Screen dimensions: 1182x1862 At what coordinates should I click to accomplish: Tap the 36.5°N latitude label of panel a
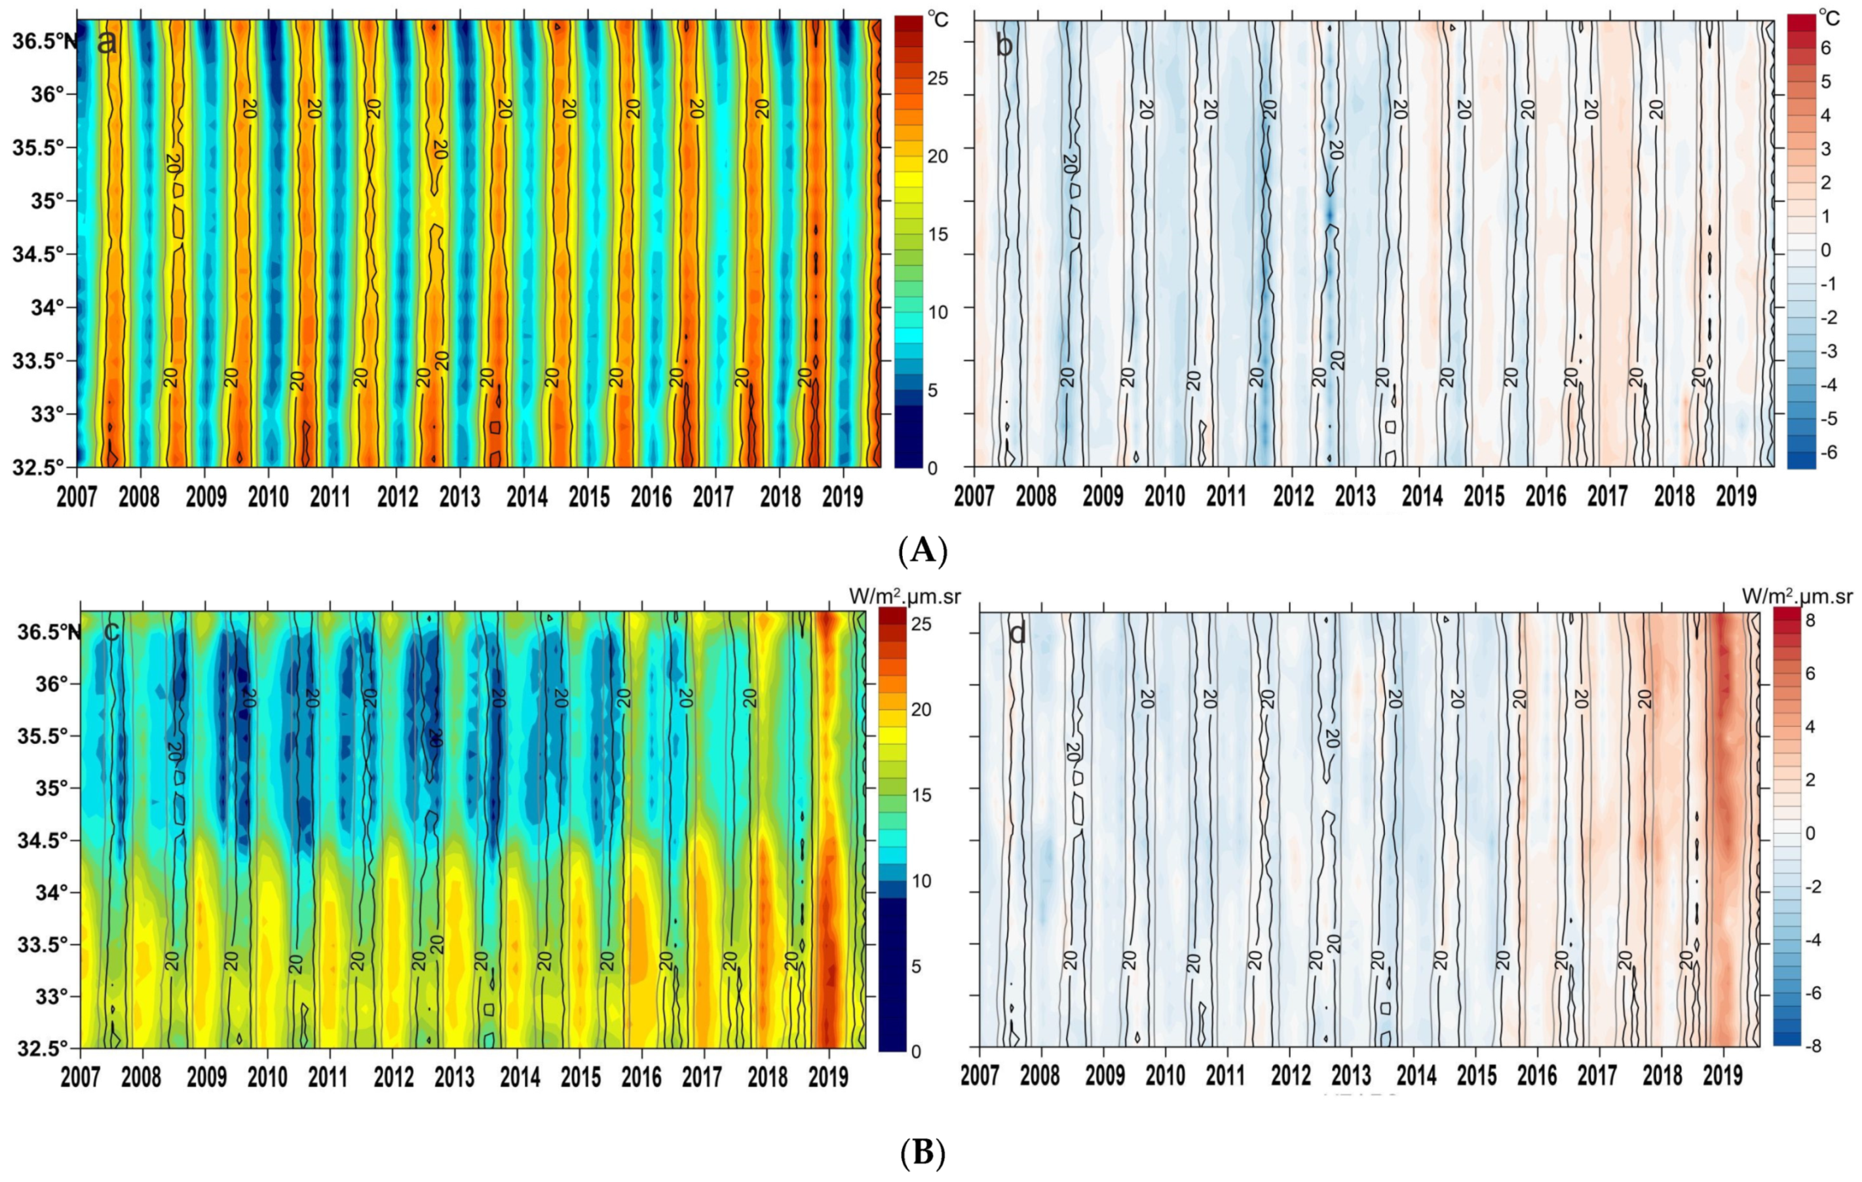(43, 41)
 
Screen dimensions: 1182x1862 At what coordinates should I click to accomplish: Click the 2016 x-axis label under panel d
(1537, 1077)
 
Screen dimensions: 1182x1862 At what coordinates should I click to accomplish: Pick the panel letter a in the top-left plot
(107, 43)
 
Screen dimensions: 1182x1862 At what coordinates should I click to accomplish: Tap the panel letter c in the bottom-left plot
(111, 631)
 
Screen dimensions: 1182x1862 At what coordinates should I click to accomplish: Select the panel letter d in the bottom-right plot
(1017, 634)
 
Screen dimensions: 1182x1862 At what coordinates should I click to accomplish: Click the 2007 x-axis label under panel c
(81, 1077)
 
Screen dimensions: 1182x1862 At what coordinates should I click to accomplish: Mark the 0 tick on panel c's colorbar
(915, 1051)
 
